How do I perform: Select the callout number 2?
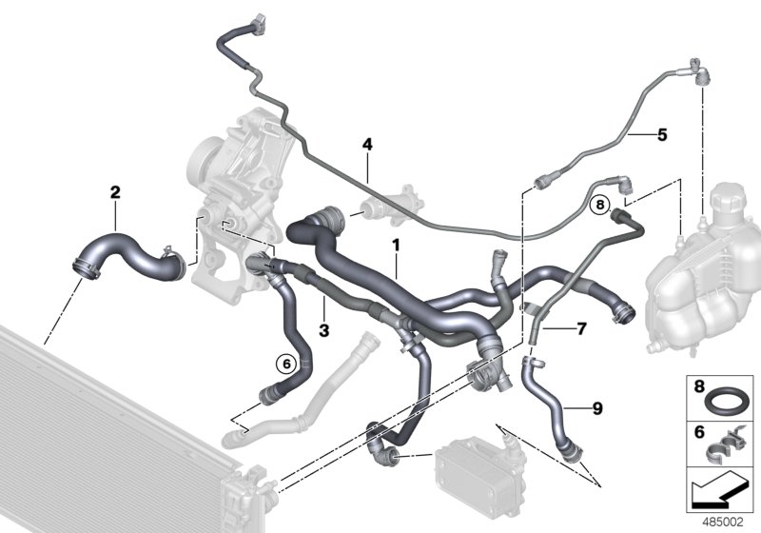[x=115, y=192]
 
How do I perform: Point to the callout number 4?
[x=367, y=145]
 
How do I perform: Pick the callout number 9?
[x=596, y=409]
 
